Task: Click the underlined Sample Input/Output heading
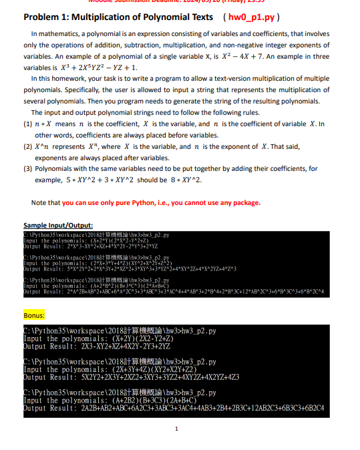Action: click(x=58, y=225)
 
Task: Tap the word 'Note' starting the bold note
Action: click(x=39, y=203)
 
